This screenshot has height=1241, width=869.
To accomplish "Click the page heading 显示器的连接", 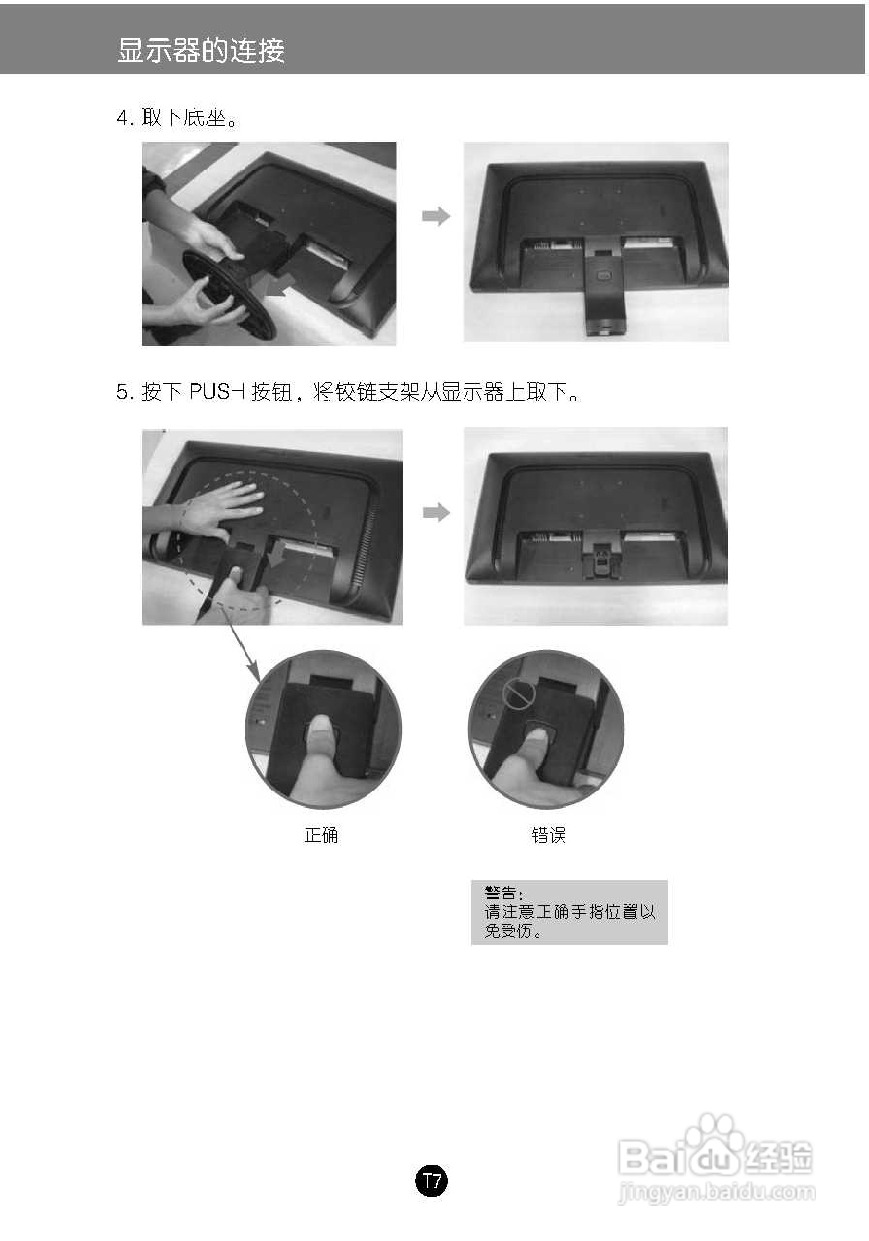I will pyautogui.click(x=201, y=51).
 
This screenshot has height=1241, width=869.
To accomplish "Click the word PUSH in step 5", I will pyautogui.click(x=217, y=392).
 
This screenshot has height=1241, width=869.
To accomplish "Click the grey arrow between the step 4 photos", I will pyautogui.click(x=436, y=216).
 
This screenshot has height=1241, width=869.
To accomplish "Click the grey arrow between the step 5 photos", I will pyautogui.click(x=436, y=512).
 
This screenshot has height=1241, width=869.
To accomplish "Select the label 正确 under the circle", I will pyautogui.click(x=321, y=835).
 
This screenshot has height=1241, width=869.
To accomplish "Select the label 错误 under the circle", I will pyautogui.click(x=548, y=835).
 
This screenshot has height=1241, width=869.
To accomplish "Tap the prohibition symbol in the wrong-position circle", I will pyautogui.click(x=518, y=696).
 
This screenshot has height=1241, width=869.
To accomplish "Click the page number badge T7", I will pyautogui.click(x=431, y=1181).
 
